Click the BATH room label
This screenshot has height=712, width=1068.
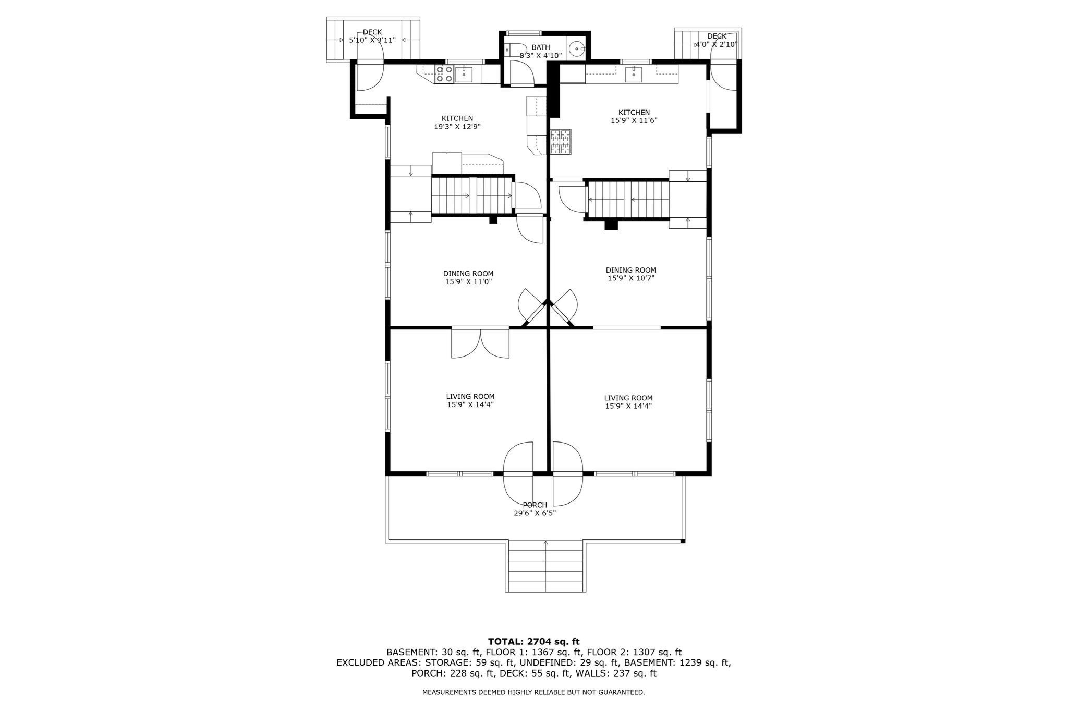[540, 47]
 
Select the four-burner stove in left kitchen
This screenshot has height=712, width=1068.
[444, 74]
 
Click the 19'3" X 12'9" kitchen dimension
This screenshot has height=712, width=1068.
[457, 126]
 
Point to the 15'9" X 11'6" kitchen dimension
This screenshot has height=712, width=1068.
[634, 120]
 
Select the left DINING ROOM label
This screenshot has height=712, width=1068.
[468, 274]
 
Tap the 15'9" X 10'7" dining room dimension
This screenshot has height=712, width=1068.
[630, 278]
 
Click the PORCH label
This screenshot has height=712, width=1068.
[535, 505]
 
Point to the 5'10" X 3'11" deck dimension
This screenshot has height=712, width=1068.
[372, 40]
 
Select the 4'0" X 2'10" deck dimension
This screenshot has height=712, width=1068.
[717, 44]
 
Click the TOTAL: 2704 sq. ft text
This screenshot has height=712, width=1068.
[533, 642]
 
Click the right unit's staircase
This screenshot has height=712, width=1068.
[628, 199]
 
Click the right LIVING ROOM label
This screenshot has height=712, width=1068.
[628, 398]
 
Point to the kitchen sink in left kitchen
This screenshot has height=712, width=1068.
[464, 75]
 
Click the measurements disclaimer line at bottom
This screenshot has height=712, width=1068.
[533, 692]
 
